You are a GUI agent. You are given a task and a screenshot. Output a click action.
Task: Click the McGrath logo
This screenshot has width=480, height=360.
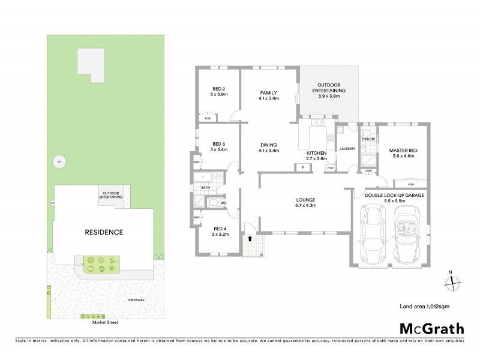point(431,328)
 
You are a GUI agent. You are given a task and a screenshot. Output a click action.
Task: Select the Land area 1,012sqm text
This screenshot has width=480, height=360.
point(425,306)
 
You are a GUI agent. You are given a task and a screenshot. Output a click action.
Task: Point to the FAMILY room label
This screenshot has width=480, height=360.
point(268,92)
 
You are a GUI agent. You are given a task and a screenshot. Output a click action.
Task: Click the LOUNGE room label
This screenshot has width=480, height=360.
point(305,199)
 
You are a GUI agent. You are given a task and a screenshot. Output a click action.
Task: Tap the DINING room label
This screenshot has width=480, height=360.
point(268,145)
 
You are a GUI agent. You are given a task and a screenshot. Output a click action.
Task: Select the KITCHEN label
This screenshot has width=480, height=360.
point(316,154)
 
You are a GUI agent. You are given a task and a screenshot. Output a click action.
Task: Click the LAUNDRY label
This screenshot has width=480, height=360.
point(347,149)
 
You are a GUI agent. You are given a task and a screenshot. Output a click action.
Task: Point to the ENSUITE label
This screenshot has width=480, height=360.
point(368,139)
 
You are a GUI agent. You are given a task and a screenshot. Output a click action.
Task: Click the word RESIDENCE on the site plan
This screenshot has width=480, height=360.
point(104,232)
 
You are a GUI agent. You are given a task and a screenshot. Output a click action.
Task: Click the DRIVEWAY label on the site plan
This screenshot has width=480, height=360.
point(137,299)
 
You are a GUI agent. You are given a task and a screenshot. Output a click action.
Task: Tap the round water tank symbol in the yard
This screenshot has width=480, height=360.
point(58,161)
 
